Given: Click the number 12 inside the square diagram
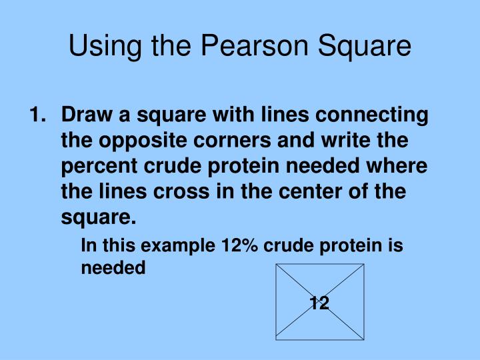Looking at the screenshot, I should [x=319, y=304].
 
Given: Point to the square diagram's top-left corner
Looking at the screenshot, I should [x=276, y=265].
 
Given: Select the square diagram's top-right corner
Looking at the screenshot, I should [x=364, y=265].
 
